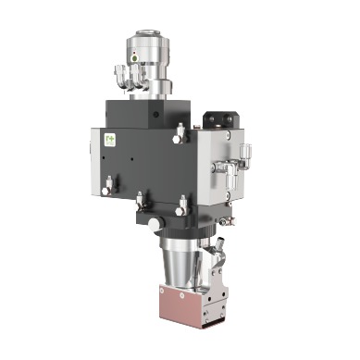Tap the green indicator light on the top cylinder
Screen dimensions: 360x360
135,56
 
